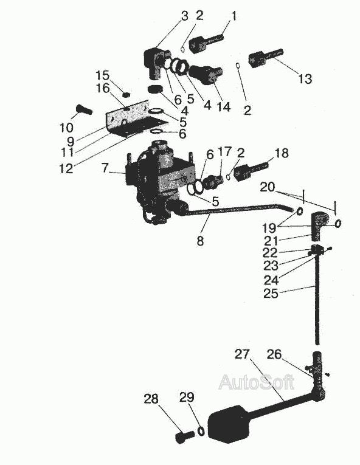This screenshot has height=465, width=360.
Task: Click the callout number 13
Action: point(305,79)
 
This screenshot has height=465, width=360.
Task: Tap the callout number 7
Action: point(106,168)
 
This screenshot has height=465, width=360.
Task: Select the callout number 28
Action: point(151,399)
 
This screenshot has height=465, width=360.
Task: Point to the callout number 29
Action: point(187,397)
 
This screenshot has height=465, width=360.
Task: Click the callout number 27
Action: point(242,354)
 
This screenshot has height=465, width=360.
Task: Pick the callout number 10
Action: point(66,128)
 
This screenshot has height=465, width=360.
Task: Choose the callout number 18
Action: point(282,153)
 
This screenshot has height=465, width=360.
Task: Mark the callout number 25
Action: point(271,294)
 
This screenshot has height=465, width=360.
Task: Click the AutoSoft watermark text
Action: point(257,382)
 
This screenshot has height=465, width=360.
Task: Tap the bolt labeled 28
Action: point(184,437)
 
